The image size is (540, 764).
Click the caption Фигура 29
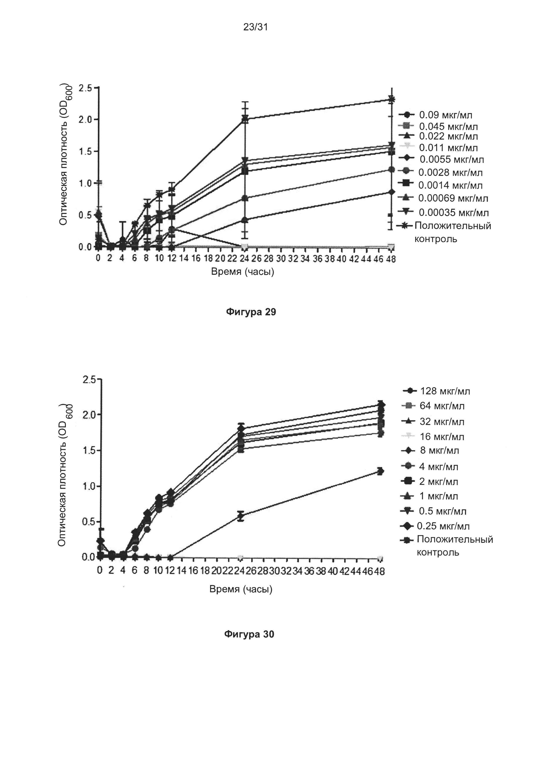(251, 312)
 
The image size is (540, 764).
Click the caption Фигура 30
(249, 634)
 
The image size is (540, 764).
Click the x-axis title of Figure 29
(243, 272)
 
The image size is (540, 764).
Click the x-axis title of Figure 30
(241, 589)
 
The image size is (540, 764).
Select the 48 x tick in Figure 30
(380, 571)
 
